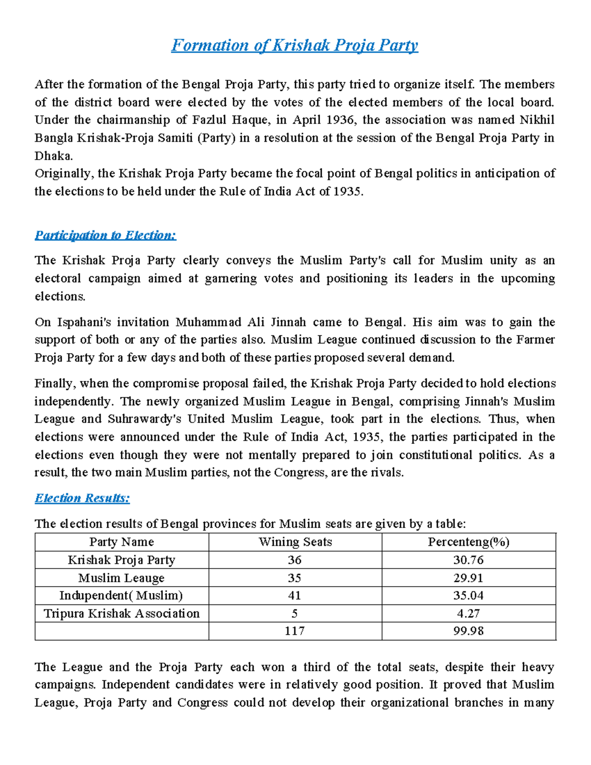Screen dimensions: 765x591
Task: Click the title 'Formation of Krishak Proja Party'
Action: coord(295,45)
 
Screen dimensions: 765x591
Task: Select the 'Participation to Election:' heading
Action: coord(105,235)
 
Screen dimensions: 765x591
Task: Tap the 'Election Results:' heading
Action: coord(82,498)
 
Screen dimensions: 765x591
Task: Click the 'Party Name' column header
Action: coord(122,542)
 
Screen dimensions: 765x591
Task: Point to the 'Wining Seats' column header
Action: coord(295,542)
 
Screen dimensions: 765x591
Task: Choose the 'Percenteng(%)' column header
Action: coord(468,542)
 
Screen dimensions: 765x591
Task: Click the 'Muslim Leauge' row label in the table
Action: coord(122,578)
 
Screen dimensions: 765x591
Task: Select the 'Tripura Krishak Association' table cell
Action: coord(122,613)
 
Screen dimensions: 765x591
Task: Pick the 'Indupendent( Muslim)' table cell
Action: coord(122,596)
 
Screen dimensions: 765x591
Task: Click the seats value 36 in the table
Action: coord(295,560)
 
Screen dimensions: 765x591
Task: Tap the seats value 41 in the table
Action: coord(295,596)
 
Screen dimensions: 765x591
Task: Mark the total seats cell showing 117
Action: coord(295,631)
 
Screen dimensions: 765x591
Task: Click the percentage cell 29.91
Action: coord(468,578)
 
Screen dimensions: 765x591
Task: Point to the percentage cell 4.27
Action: coord(468,613)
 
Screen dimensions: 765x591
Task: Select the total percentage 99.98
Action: coord(468,631)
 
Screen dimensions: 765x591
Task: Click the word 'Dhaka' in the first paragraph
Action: coord(53,156)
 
